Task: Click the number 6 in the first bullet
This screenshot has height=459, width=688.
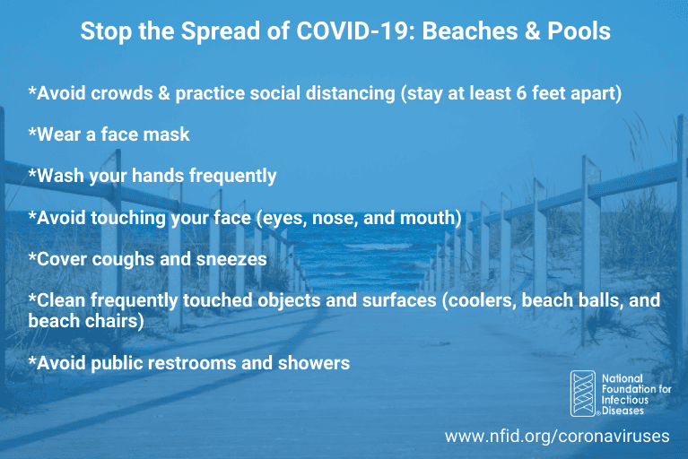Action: coord(521,93)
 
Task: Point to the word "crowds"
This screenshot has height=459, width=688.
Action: coord(121,93)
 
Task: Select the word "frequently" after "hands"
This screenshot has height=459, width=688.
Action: coord(233,177)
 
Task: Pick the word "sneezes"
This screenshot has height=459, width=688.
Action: coord(231,259)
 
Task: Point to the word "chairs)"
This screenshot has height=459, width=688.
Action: coord(114,321)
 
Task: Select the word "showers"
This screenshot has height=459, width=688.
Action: coord(314,363)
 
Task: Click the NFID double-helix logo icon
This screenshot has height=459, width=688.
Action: coord(583,394)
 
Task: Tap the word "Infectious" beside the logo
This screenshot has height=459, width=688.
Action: coord(625,400)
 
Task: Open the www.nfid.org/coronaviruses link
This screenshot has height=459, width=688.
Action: coord(557,437)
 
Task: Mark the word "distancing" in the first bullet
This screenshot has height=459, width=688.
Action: coord(351,93)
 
